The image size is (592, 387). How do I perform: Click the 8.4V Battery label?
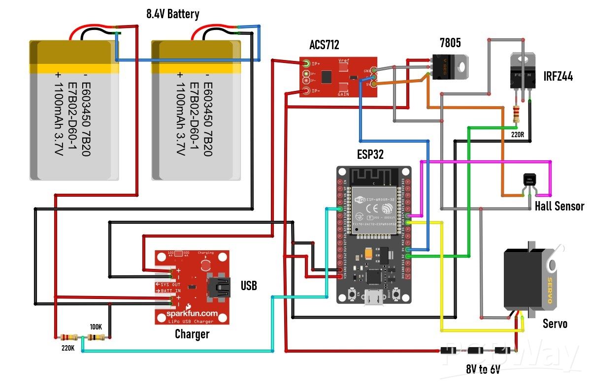point(172,14)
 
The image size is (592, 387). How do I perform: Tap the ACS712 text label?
point(324,46)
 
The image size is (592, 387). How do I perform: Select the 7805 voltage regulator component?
point(449,66)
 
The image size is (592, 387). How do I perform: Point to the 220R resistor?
point(516,114)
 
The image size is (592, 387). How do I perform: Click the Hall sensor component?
point(529,181)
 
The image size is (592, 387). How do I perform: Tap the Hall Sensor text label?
point(559,206)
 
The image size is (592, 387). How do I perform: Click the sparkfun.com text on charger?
point(191,313)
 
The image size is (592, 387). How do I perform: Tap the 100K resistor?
point(96,337)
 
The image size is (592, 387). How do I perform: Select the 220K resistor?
point(68,337)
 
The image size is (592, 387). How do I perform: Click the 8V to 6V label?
point(483,369)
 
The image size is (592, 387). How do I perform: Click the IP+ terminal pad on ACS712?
point(306,63)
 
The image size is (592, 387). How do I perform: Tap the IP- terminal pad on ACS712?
point(306,90)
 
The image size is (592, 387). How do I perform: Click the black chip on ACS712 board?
point(326,77)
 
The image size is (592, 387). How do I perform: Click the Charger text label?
point(192,334)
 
